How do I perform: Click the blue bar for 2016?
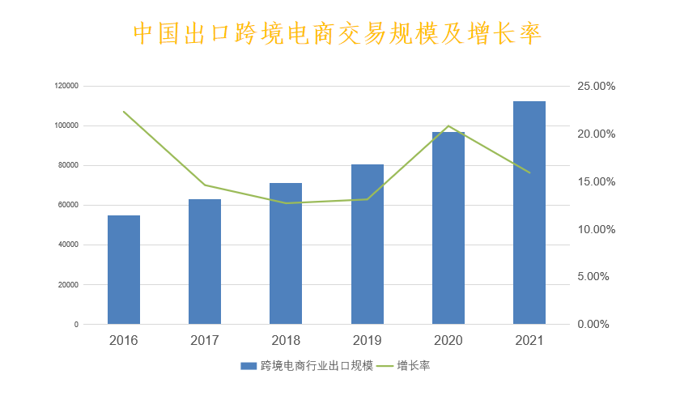click(124, 270)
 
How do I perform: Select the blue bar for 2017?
click(205, 262)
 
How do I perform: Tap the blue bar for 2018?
click(286, 253)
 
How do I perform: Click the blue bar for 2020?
click(448, 228)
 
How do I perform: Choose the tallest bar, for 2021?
click(529, 212)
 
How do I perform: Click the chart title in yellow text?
click(336, 33)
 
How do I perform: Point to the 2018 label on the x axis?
click(286, 340)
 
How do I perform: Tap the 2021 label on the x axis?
click(529, 340)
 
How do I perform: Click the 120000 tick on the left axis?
click(66, 86)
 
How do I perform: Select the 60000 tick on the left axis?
click(68, 205)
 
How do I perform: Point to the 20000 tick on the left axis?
click(68, 284)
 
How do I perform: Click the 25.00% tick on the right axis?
click(597, 86)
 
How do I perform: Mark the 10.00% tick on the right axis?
click(597, 229)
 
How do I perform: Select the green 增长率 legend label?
click(414, 366)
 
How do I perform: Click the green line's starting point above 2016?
click(124, 111)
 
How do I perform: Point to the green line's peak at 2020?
click(448, 126)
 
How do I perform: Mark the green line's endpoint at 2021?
click(529, 172)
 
